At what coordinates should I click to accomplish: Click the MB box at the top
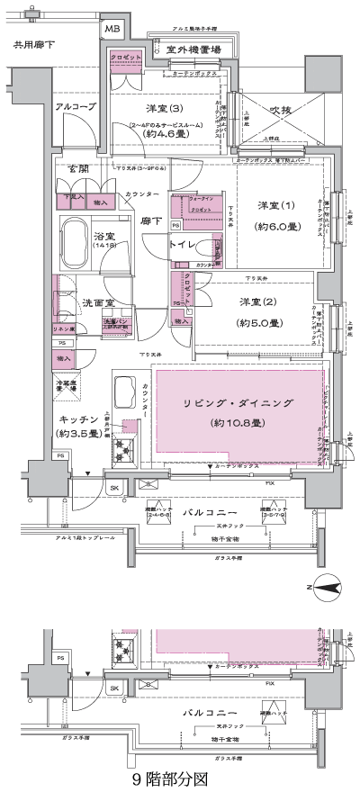pyautogui.click(x=112, y=29)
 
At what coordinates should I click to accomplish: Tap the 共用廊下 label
pyautogui.click(x=33, y=43)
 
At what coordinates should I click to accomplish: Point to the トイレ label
pyautogui.click(x=182, y=245)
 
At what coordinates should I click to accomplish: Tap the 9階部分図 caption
pyautogui.click(x=171, y=776)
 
